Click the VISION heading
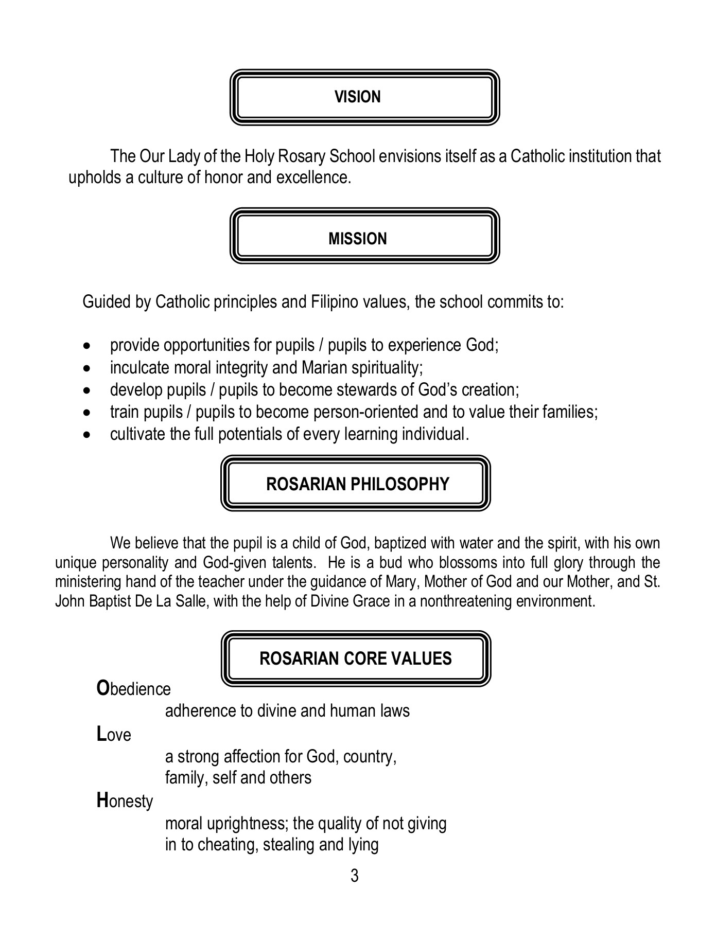click(357, 97)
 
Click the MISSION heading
click(357, 239)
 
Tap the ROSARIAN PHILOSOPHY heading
click(357, 484)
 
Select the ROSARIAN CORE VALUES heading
click(355, 658)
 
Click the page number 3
click(354, 875)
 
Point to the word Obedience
click(134, 689)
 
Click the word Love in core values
click(114, 734)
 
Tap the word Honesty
click(125, 801)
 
